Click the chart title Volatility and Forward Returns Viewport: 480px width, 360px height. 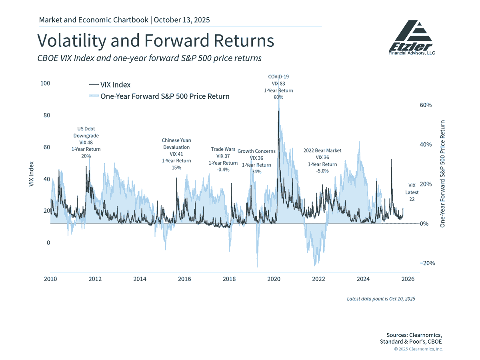[156, 41]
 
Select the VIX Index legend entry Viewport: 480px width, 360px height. [110, 85]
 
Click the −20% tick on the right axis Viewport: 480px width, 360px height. [427, 263]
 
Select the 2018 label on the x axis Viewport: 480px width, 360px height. [229, 279]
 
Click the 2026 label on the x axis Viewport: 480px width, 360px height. [408, 279]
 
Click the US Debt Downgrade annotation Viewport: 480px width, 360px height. [86, 142]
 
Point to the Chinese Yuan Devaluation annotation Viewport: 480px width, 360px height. [176, 154]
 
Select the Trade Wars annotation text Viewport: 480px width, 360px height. [223, 159]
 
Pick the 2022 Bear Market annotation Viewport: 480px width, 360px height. [322, 160]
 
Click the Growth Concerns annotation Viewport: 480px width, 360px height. [256, 161]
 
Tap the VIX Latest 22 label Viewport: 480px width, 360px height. [412, 192]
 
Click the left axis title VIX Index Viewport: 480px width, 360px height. [32, 174]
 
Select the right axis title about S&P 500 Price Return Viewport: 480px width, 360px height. [442, 174]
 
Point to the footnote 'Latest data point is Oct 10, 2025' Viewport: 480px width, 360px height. [381, 298]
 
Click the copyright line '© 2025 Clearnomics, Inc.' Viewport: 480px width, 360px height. [418, 349]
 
